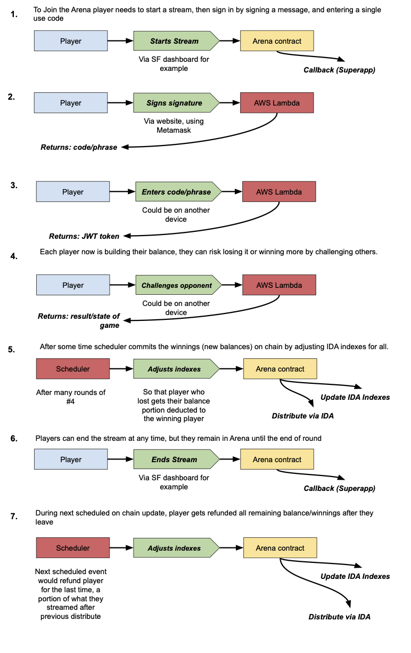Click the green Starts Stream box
[175, 41]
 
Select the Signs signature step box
[175, 103]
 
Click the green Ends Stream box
[175, 459]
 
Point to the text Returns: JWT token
[84, 236]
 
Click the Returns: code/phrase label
[79, 147]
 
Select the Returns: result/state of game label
[79, 321]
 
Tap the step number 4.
[14, 256]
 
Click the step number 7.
[14, 517]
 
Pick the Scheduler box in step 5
[73, 369]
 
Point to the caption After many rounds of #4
[71, 397]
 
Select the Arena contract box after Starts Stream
[277, 41]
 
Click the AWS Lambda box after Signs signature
[277, 103]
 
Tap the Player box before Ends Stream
[71, 459]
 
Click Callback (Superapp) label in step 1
[339, 70]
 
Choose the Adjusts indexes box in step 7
[175, 548]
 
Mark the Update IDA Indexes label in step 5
[355, 397]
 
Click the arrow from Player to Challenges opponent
[122, 285]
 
